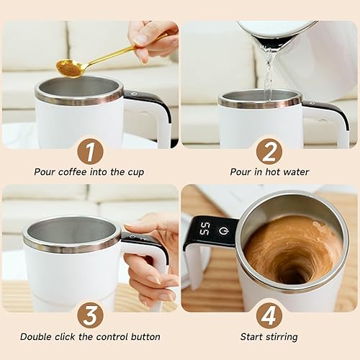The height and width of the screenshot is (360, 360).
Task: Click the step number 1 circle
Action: [x=90, y=151]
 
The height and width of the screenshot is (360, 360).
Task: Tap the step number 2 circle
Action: [x=269, y=151]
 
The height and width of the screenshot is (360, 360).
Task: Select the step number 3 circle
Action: [x=90, y=315]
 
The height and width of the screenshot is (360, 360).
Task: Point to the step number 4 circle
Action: [x=269, y=315]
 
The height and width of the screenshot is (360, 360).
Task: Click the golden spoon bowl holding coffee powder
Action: [x=69, y=68]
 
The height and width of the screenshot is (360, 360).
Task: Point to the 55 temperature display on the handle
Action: [x=204, y=229]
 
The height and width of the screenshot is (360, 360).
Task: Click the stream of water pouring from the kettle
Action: [x=269, y=72]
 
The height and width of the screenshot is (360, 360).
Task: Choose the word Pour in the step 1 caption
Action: [x=46, y=172]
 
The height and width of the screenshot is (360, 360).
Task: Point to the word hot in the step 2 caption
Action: [x=268, y=172]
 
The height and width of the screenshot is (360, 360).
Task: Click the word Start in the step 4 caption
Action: [x=253, y=336]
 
